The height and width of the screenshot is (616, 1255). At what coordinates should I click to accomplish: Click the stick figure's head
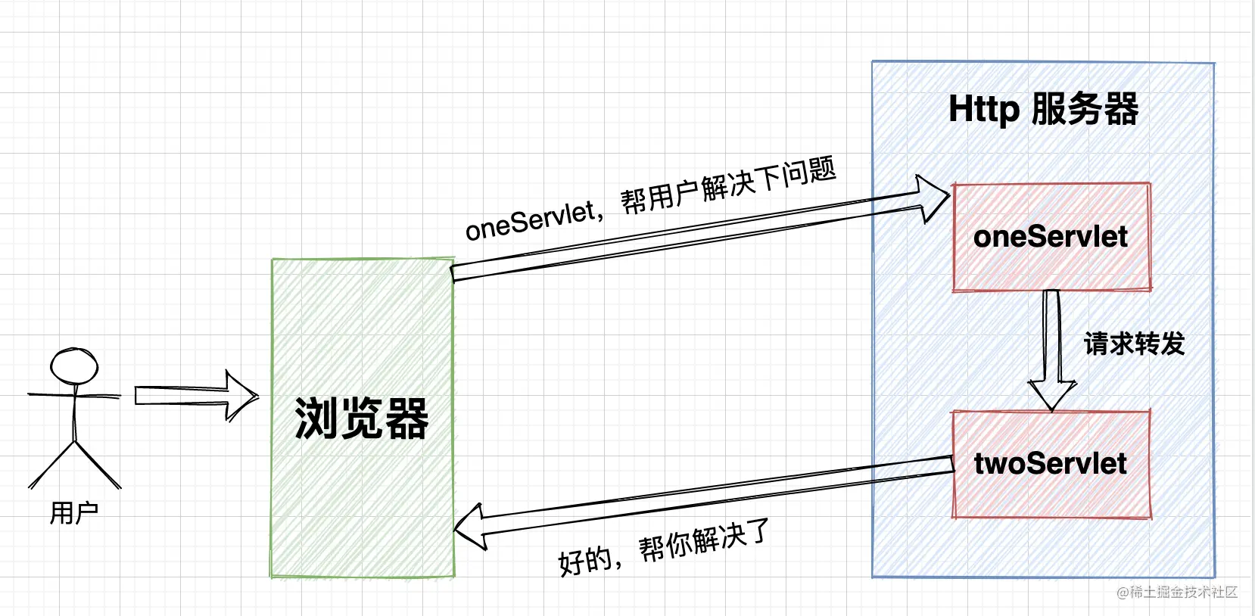(x=74, y=366)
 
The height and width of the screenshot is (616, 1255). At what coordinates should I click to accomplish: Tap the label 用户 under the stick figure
(x=74, y=513)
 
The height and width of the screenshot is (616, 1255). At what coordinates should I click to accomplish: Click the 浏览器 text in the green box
(x=362, y=418)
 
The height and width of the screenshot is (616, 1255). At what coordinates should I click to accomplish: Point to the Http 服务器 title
(x=1043, y=109)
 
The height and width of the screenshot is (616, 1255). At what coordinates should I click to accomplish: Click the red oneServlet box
(x=1051, y=238)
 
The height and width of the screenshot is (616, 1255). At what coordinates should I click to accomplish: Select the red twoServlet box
(x=1051, y=465)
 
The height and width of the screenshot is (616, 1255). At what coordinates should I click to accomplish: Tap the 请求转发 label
(x=1134, y=344)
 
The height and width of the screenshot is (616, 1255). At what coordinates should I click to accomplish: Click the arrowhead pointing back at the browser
(x=470, y=527)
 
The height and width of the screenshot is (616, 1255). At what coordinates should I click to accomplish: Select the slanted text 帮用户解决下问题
(x=728, y=184)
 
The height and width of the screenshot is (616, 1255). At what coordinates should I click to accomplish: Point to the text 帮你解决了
(x=704, y=539)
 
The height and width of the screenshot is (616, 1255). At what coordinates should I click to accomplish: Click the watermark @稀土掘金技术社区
(x=1177, y=592)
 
